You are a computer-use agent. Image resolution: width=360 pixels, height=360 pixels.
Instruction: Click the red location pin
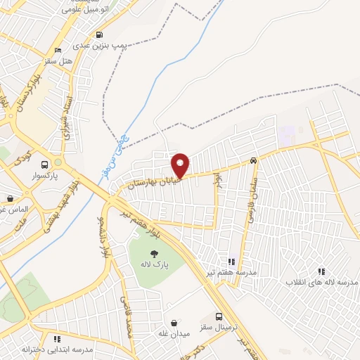(x=181, y=165)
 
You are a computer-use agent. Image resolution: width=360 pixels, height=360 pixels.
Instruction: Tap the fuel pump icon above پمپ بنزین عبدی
(x=99, y=34)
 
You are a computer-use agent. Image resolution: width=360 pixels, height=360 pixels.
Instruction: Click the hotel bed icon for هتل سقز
(x=58, y=50)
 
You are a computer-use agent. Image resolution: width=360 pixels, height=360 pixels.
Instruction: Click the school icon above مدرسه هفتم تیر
(x=232, y=262)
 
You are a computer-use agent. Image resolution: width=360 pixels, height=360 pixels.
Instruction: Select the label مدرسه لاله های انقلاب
(x=321, y=281)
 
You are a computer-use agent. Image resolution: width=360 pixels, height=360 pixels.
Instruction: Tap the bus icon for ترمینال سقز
(x=219, y=316)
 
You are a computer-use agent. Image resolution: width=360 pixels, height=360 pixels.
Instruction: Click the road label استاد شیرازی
(x=67, y=116)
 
